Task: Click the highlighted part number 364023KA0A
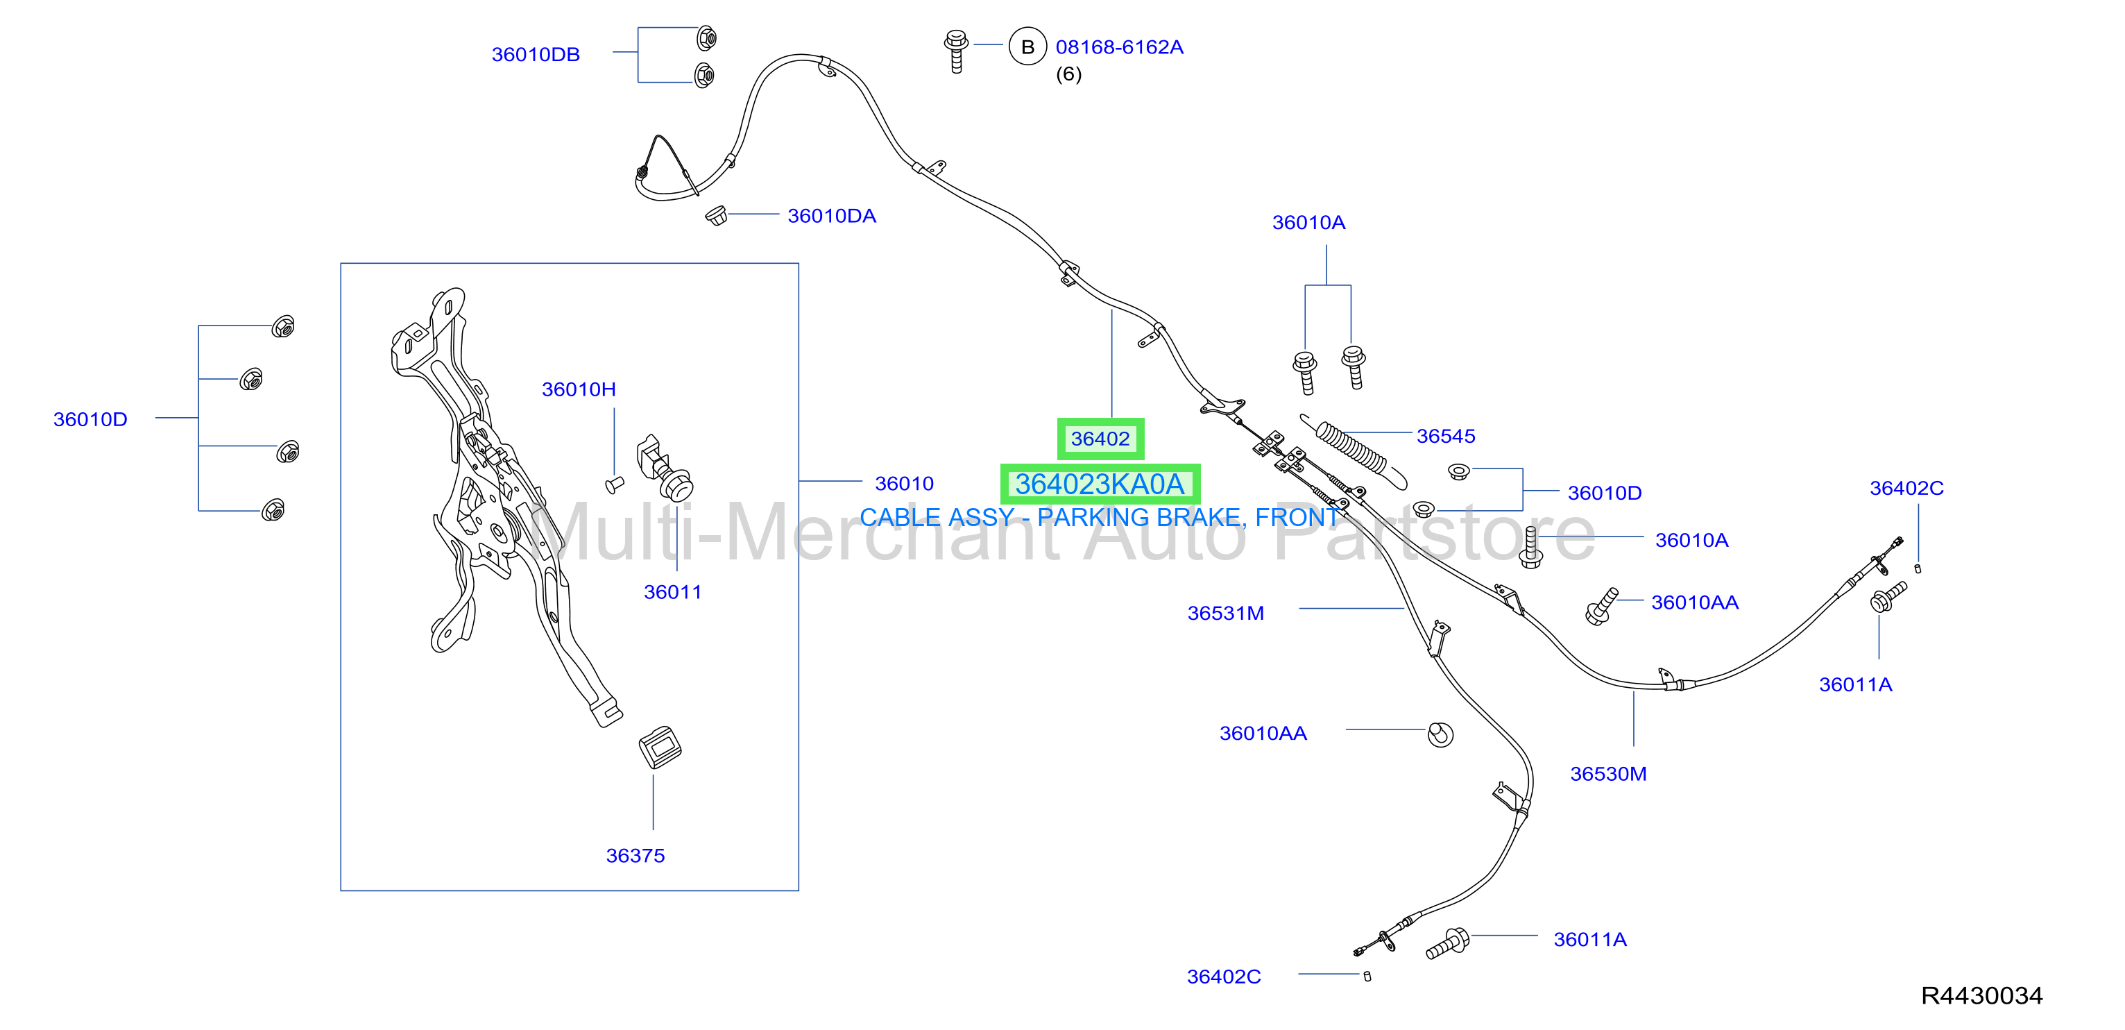[1100, 484]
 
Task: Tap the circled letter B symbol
[1027, 47]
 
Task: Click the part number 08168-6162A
[1120, 47]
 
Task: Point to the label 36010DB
[536, 54]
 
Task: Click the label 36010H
[579, 389]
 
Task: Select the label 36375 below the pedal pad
[635, 856]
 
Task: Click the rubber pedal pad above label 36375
[660, 747]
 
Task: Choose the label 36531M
[1225, 614]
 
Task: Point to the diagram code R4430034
[1981, 995]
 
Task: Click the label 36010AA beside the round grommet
[1263, 734]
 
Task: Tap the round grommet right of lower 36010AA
[1440, 734]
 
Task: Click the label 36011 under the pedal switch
[672, 593]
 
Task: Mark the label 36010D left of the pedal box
[90, 419]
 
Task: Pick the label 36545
[1445, 436]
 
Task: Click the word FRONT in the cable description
[1296, 518]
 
